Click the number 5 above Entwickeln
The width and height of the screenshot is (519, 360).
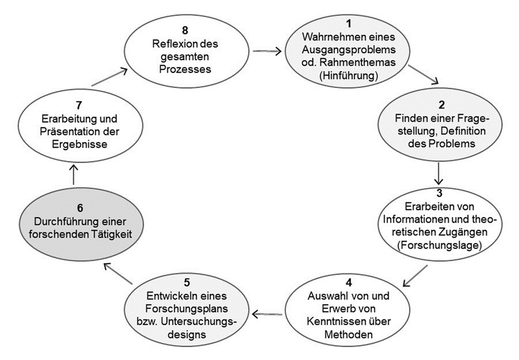click(x=187, y=284)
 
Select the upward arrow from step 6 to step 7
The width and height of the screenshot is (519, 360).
click(x=73, y=171)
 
